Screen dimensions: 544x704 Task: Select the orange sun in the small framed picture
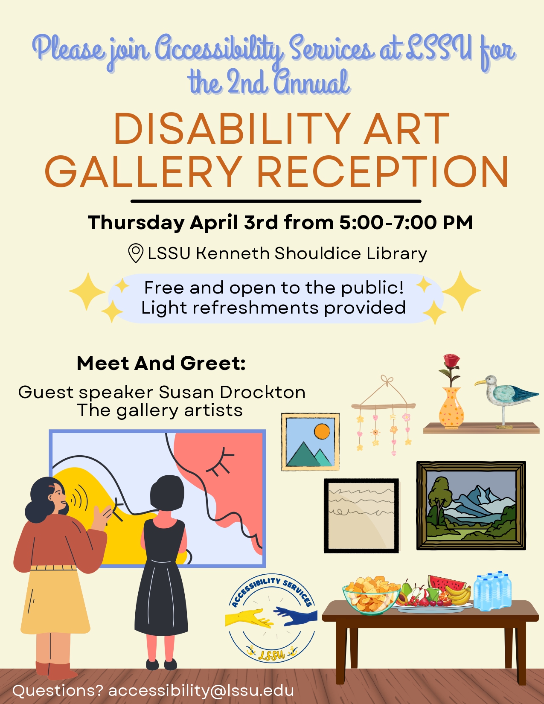[x=322, y=431]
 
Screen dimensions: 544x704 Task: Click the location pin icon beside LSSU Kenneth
[x=136, y=253]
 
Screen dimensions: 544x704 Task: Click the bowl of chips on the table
[x=371, y=596]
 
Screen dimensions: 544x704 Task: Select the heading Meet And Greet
[x=161, y=363]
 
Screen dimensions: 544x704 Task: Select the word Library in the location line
[x=396, y=253]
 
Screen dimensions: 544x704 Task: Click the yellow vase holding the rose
[x=451, y=408]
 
